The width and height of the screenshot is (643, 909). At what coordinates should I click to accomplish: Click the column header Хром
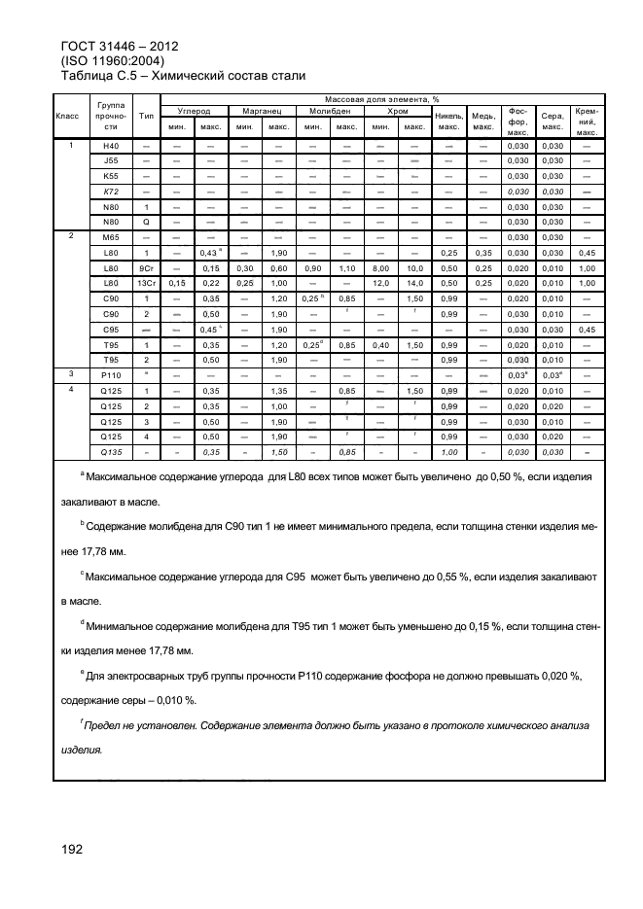point(397,113)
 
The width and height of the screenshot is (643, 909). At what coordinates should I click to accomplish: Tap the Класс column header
point(68,116)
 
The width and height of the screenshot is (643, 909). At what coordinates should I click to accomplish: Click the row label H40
point(111,146)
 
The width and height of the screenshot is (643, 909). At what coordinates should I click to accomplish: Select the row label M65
point(111,237)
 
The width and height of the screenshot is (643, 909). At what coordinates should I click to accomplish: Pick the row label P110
point(111,373)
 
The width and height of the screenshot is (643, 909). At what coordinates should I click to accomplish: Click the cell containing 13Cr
point(146,283)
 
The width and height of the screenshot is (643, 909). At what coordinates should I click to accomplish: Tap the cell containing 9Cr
point(146,267)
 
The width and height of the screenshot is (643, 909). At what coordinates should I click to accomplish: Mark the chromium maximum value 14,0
point(415,283)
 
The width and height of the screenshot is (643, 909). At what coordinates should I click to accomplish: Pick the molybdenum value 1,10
point(346,267)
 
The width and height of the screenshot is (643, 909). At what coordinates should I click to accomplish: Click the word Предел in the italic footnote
point(111,726)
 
